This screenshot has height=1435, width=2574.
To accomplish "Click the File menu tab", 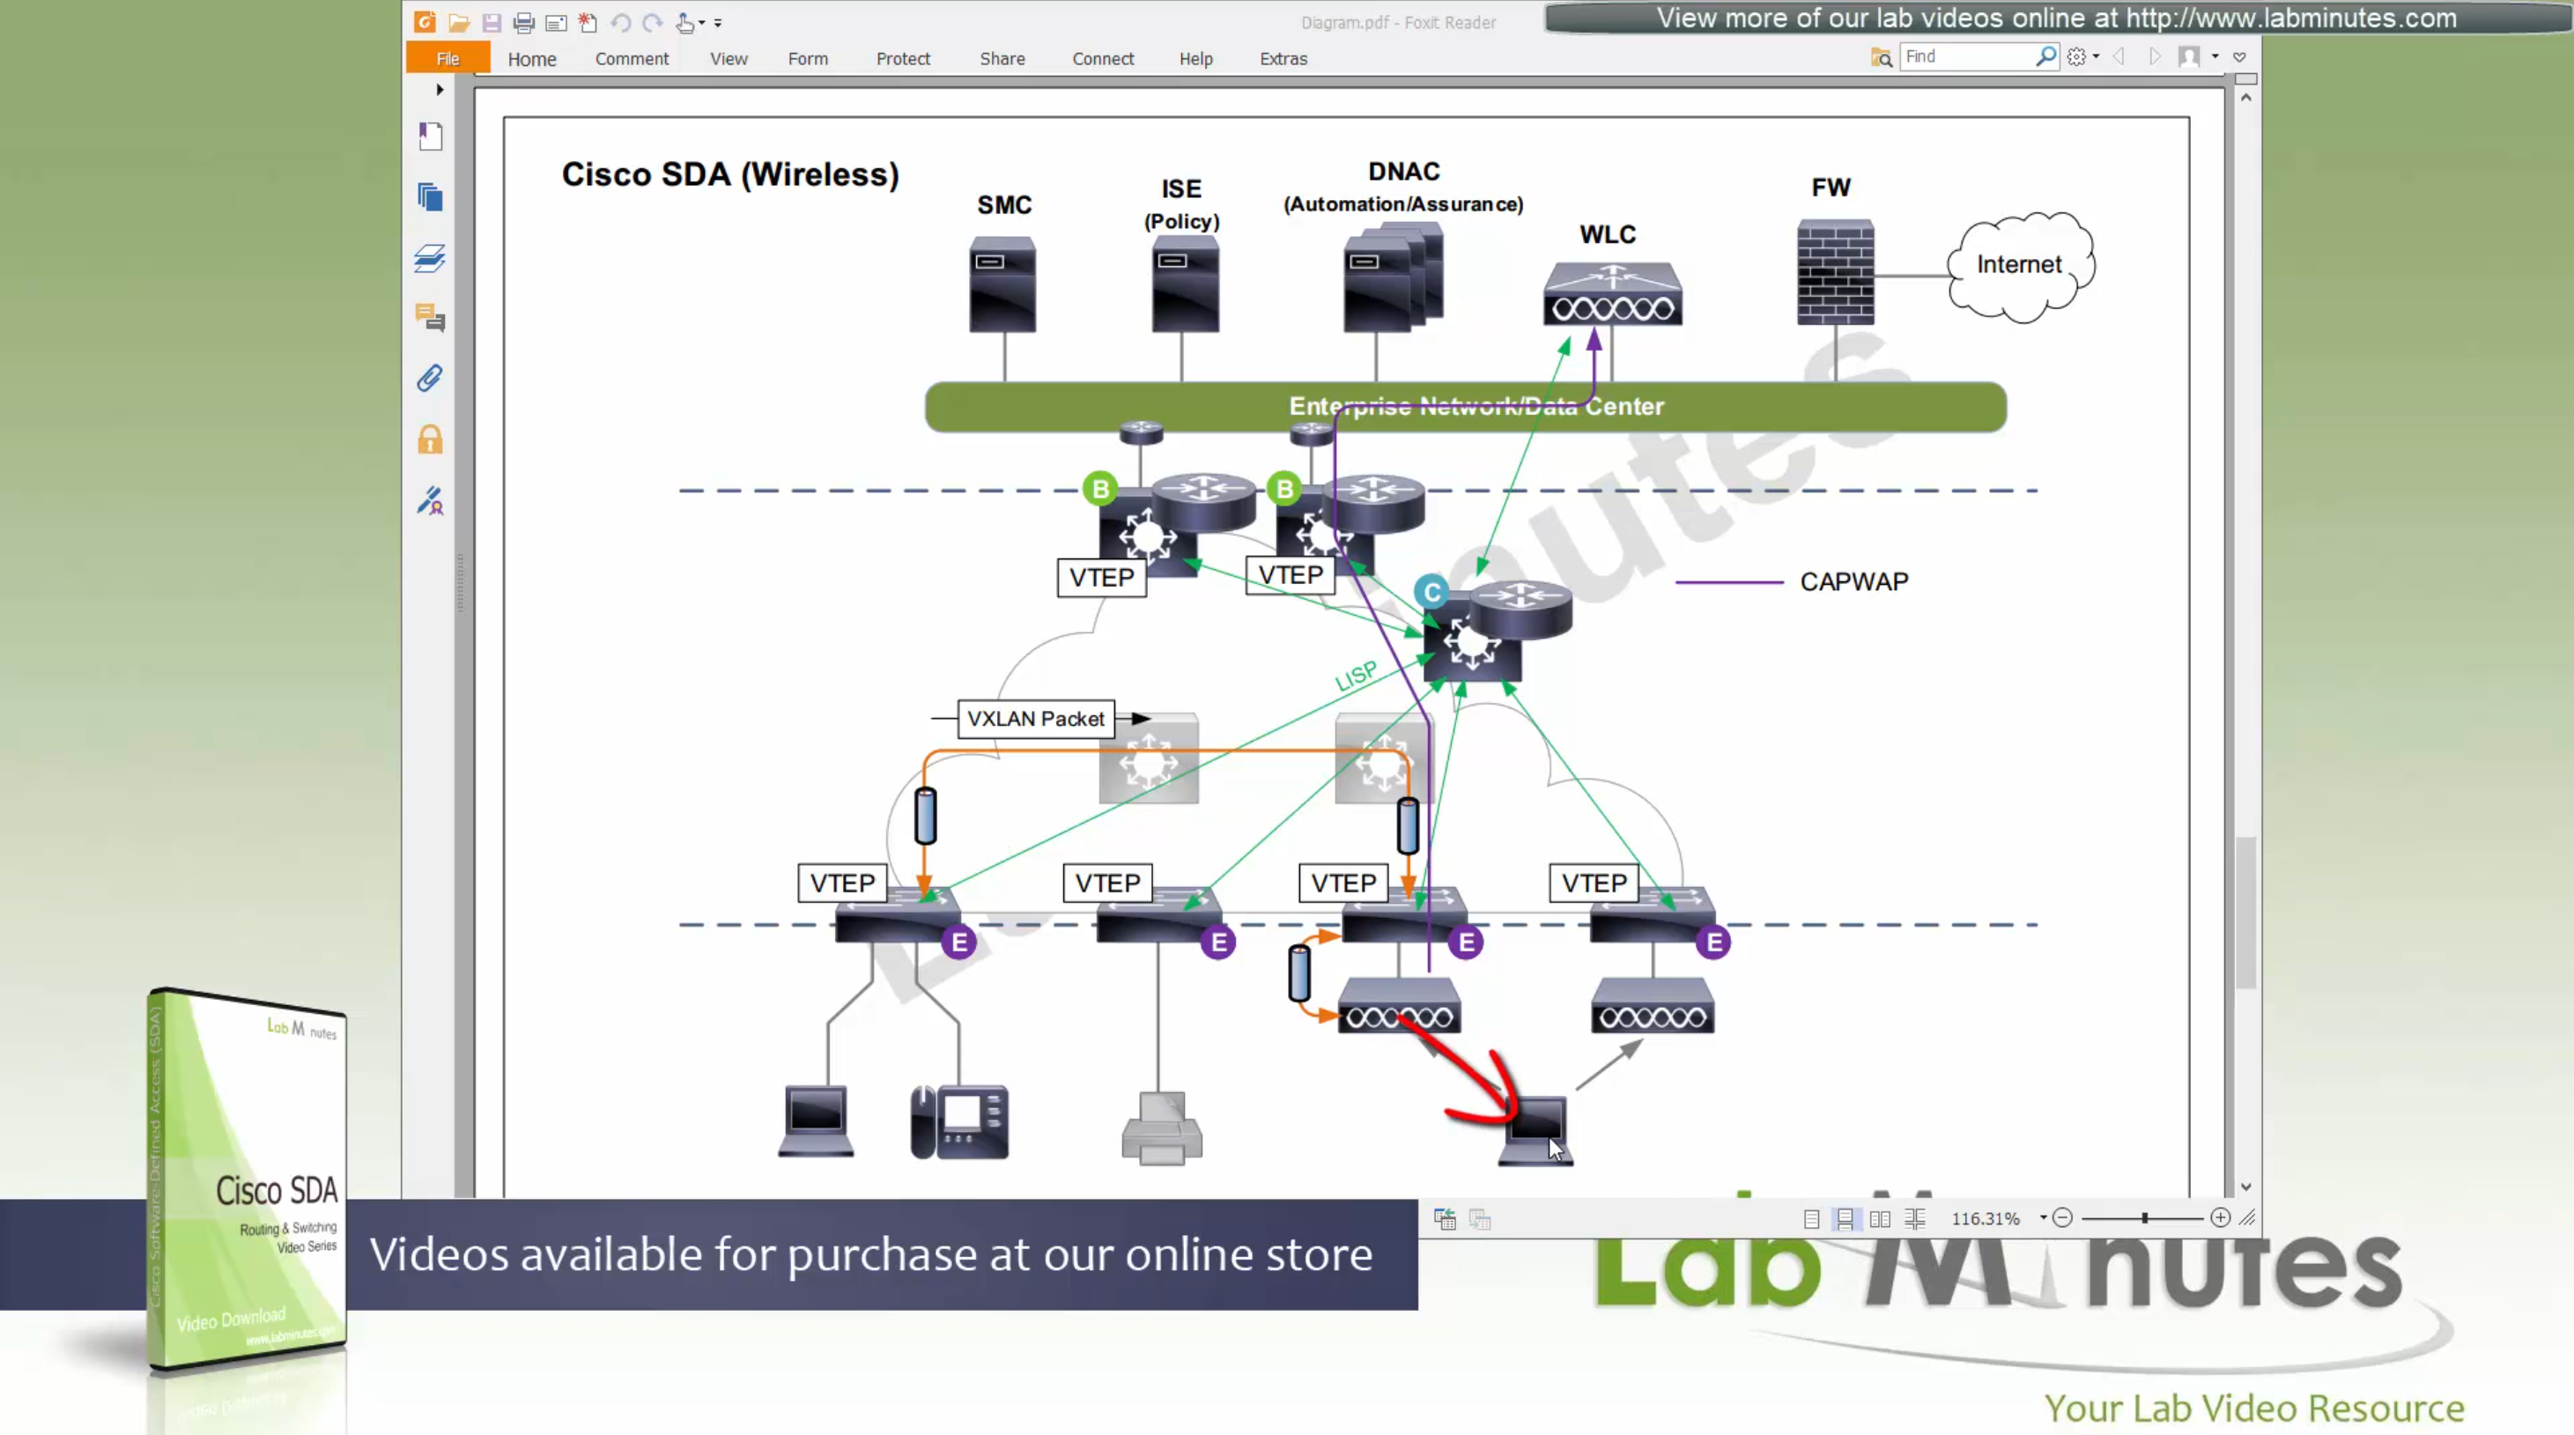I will pos(447,58).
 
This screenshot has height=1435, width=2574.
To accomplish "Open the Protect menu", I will pos(902,59).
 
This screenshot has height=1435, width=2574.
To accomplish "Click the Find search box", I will pos(1966,57).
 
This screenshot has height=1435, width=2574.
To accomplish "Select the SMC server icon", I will pos(1002,285).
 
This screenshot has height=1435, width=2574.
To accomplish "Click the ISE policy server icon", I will pos(1184,287).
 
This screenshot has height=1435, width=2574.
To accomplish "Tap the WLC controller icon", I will pos(1612,295).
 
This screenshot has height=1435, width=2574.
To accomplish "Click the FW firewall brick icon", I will pos(1836,272).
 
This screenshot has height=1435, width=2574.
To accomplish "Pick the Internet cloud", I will pos(2019,266).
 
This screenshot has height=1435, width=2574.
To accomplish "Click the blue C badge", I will pos(1431,593).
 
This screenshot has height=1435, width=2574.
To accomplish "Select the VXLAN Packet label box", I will pos(1035,719).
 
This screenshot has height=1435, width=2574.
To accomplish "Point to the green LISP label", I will pos(1356,677).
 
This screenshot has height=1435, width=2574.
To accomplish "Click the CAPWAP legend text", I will pos(1853,581).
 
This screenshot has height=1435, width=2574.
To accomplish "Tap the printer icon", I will pos(1161,1129).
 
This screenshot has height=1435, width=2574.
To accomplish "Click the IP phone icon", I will pos(959,1122).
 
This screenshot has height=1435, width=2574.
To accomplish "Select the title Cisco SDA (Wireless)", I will pos(729,175).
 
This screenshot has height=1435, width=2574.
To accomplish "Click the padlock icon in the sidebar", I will pos(430,440).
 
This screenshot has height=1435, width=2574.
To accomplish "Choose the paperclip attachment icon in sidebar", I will pos(430,378).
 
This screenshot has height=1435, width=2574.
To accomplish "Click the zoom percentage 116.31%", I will pos(1985,1218).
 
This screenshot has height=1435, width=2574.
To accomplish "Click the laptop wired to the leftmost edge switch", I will pos(816,1121).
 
